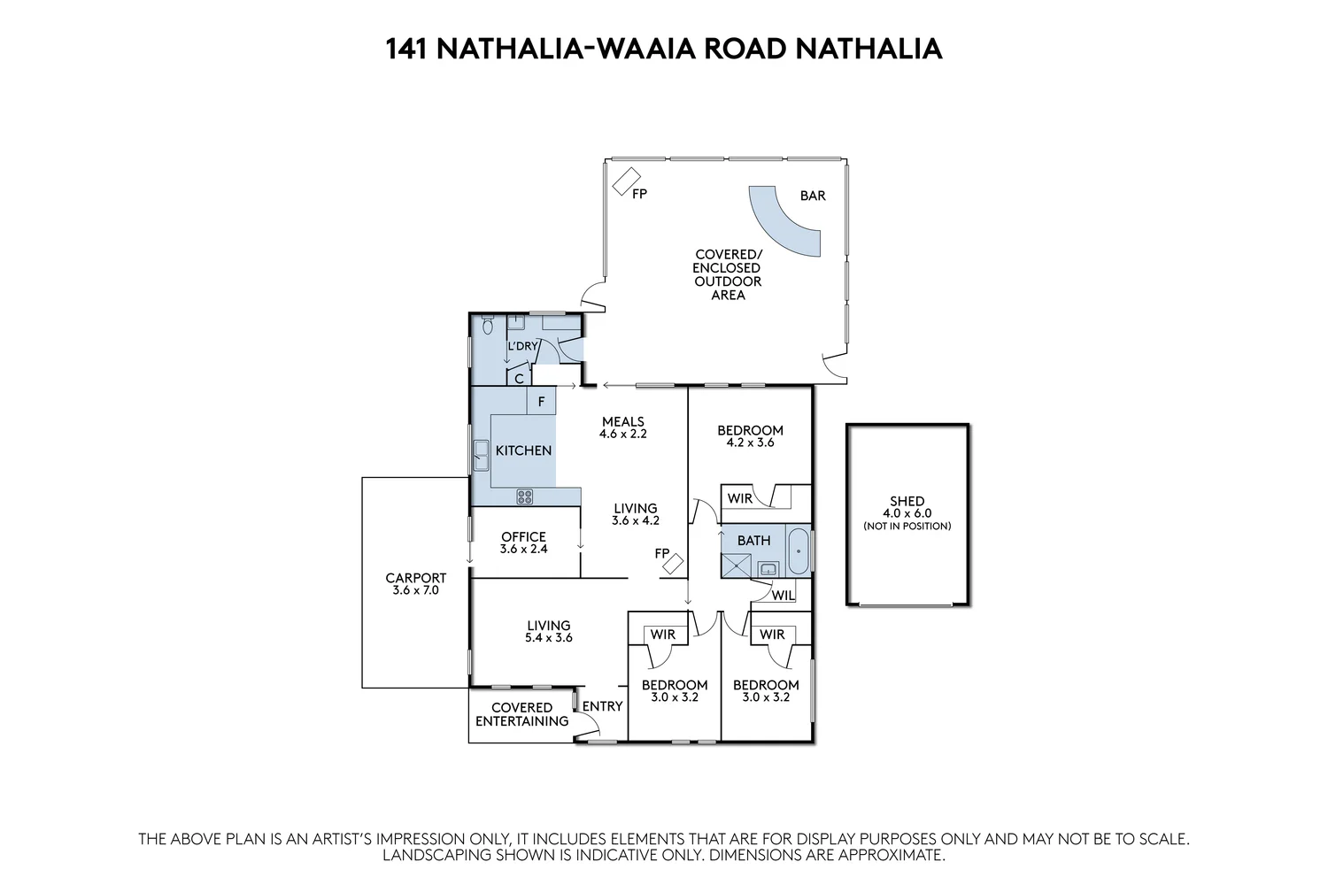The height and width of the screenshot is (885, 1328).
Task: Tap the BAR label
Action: (x=812, y=196)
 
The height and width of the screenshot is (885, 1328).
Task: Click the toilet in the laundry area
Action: (x=486, y=327)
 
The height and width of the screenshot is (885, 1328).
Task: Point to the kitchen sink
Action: (x=481, y=456)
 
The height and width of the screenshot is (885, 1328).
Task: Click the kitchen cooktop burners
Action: (x=525, y=496)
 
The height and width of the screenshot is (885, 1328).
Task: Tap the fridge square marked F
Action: (x=541, y=401)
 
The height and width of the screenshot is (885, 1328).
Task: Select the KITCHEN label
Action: (x=523, y=450)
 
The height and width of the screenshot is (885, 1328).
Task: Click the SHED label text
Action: (x=907, y=501)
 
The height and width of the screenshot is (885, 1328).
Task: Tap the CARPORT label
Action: (x=415, y=578)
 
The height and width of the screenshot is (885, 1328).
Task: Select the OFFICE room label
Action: (x=523, y=536)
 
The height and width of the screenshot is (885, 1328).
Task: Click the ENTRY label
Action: (x=602, y=705)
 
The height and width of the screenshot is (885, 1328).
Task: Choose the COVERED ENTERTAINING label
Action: (x=521, y=714)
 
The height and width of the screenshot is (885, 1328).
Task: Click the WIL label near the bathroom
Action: (x=783, y=596)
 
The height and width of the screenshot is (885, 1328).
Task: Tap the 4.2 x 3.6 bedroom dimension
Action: (x=750, y=442)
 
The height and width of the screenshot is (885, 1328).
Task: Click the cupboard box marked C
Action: (x=520, y=378)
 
